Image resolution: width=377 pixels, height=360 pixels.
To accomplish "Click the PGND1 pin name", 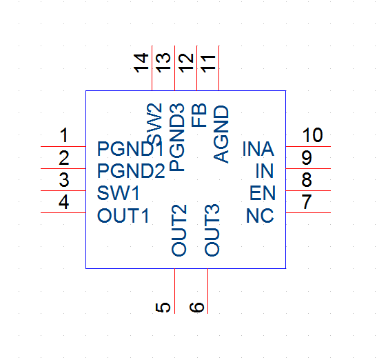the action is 130,149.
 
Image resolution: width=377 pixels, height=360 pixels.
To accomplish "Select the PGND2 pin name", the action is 131,171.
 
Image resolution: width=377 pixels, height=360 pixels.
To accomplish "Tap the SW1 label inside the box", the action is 118,193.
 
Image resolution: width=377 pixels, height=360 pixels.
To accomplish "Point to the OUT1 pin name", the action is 123,215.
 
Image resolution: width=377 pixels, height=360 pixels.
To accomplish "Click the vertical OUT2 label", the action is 179,230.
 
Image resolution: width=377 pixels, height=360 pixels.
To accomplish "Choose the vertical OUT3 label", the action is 212,230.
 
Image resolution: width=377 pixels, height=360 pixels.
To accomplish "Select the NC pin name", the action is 260,215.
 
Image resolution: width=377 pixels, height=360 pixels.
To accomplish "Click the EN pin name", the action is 263,193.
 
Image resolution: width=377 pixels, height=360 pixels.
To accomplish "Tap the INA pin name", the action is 258,149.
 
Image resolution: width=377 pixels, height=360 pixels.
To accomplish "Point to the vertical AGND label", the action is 221,134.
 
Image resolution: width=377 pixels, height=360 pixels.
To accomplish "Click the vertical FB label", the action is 199,115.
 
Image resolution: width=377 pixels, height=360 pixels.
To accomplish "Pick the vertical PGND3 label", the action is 177,137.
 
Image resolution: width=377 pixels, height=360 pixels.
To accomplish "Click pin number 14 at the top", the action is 141,63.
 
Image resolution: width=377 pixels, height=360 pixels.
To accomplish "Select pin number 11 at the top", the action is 208,63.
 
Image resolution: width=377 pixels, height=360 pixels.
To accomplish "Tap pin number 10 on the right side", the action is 312,134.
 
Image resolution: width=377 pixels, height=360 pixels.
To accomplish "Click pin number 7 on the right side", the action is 307,201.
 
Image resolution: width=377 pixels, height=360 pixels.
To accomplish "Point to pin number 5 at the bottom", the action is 163,308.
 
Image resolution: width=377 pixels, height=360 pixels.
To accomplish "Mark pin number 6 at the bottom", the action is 196,308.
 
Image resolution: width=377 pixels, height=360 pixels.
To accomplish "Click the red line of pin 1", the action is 63,146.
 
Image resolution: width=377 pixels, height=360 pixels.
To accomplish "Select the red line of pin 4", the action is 63,212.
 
